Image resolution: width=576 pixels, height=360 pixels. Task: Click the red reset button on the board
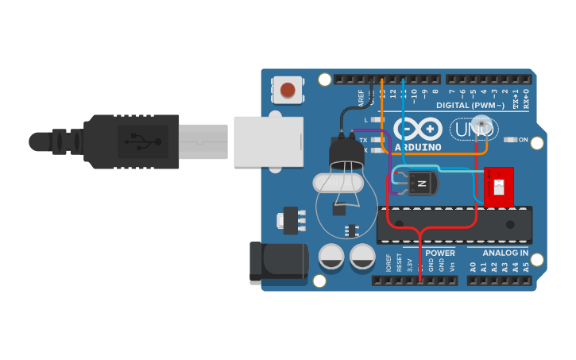(288, 90)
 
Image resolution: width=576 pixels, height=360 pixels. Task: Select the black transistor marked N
(422, 184)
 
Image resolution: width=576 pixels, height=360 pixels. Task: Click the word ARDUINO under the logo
(417, 146)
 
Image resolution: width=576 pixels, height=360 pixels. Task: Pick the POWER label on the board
(439, 254)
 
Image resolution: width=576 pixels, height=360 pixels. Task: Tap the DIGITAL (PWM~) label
(470, 106)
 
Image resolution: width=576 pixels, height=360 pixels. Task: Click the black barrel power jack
(278, 263)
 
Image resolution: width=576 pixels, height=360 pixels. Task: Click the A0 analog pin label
(473, 267)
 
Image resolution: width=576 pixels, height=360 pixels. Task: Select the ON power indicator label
(523, 140)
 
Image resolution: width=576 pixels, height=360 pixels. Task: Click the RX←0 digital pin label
(525, 99)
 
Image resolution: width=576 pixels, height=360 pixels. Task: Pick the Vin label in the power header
(452, 265)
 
